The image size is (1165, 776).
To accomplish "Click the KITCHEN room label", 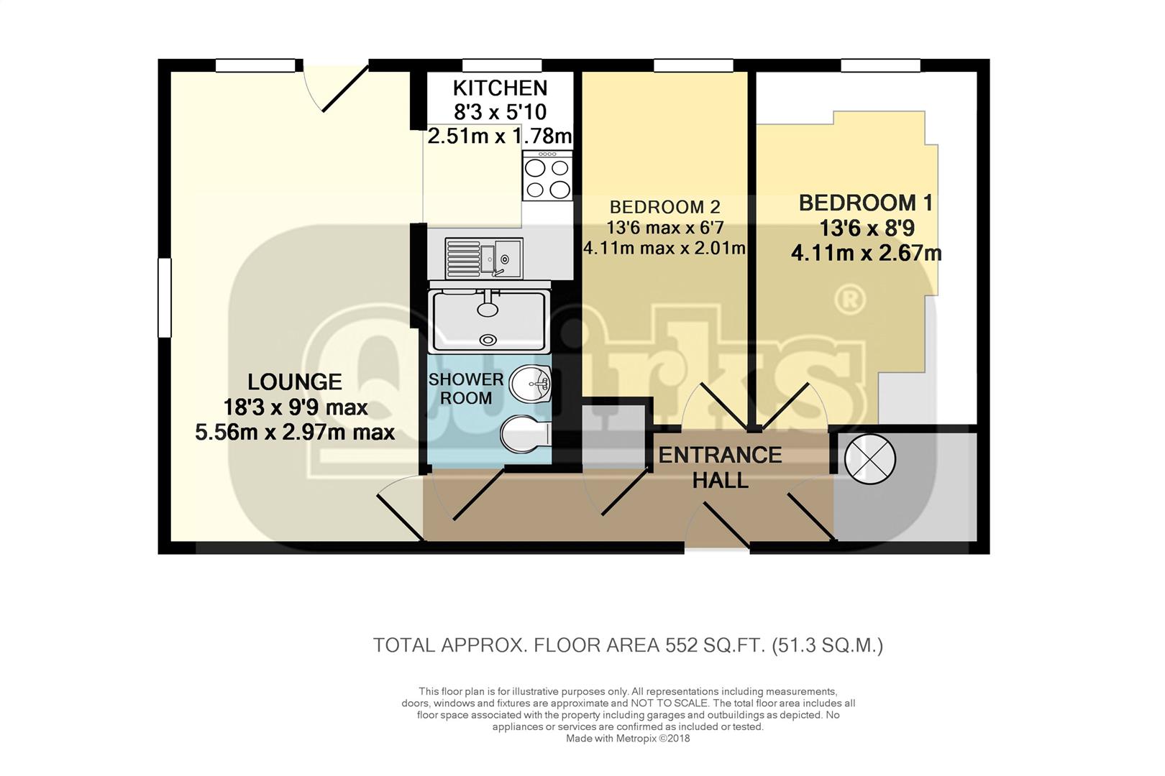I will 500,88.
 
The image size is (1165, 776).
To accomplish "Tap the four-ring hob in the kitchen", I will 548,177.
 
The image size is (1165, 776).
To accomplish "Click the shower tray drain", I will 488,339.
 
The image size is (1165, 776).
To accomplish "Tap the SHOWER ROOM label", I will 465,389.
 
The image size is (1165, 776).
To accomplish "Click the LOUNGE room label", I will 294,382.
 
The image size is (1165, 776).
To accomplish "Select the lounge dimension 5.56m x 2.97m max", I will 295,433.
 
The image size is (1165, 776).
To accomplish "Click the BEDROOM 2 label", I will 664,208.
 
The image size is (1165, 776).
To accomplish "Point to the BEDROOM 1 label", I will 866,203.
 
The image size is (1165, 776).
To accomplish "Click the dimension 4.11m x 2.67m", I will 866,254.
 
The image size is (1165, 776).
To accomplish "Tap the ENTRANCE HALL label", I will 720,467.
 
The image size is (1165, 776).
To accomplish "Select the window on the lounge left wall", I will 165,297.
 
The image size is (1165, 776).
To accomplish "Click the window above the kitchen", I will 501,66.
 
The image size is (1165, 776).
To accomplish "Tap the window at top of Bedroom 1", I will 880,66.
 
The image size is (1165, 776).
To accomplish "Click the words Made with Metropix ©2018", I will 627,739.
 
